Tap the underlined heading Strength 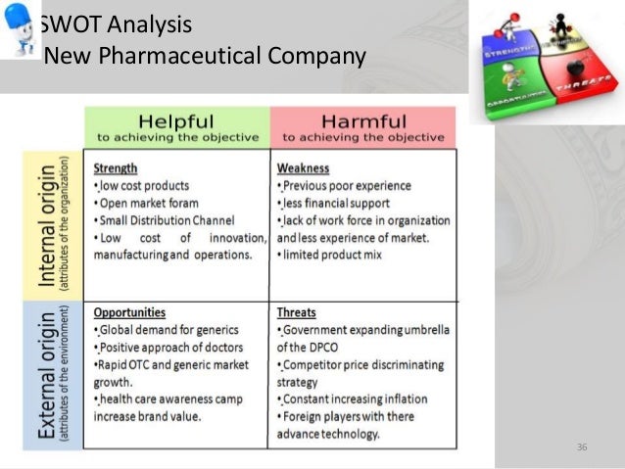pos(115,167)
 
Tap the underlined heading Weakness pos(303,167)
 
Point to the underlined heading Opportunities pos(129,312)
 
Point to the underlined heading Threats pos(296,312)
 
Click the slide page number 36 pos(582,447)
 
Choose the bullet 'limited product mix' pos(329,256)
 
